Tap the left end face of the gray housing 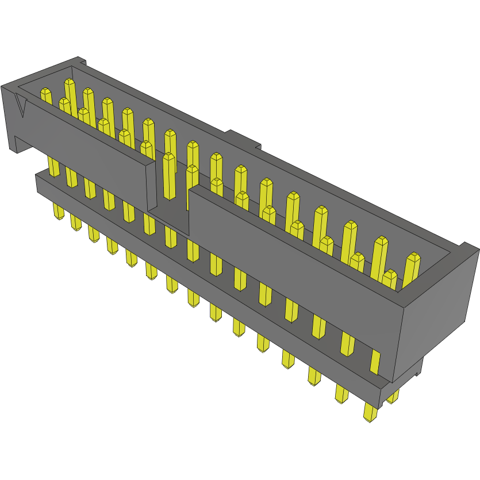click(x=12, y=118)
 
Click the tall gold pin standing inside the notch click(x=169, y=172)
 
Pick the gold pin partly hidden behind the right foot click(x=394, y=397)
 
